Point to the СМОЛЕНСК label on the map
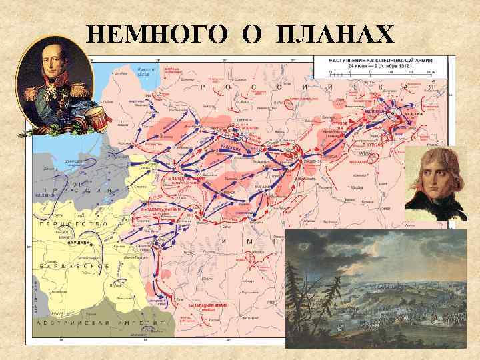click(313, 161)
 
